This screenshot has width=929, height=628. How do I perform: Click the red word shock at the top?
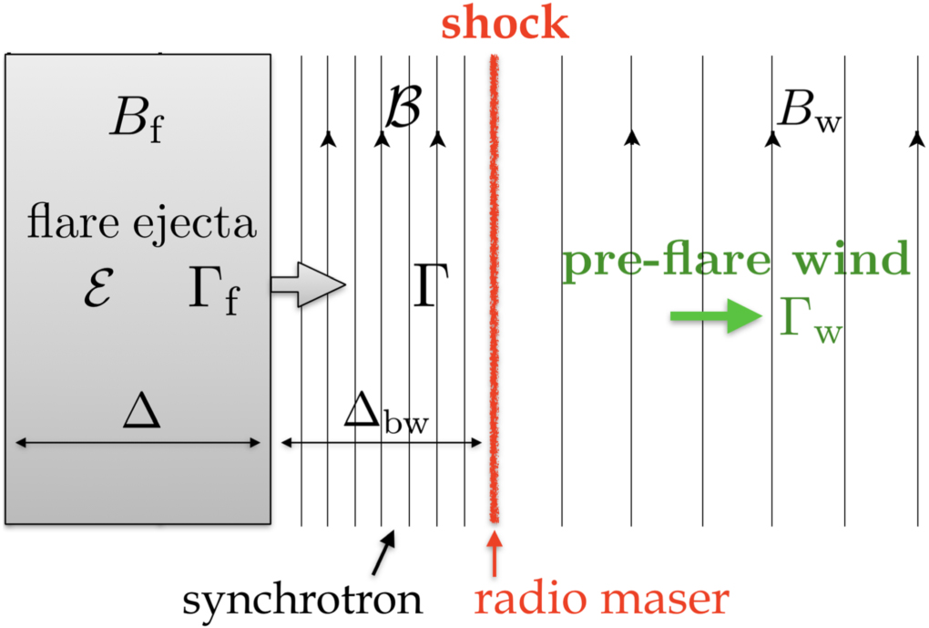click(505, 22)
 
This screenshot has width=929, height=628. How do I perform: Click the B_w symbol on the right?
click(807, 117)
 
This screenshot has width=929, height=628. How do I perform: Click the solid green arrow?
click(714, 316)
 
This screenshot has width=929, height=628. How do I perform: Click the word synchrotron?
click(302, 600)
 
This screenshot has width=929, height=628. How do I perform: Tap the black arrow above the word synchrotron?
click(385, 549)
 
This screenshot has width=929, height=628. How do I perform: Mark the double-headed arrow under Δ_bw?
click(381, 444)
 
